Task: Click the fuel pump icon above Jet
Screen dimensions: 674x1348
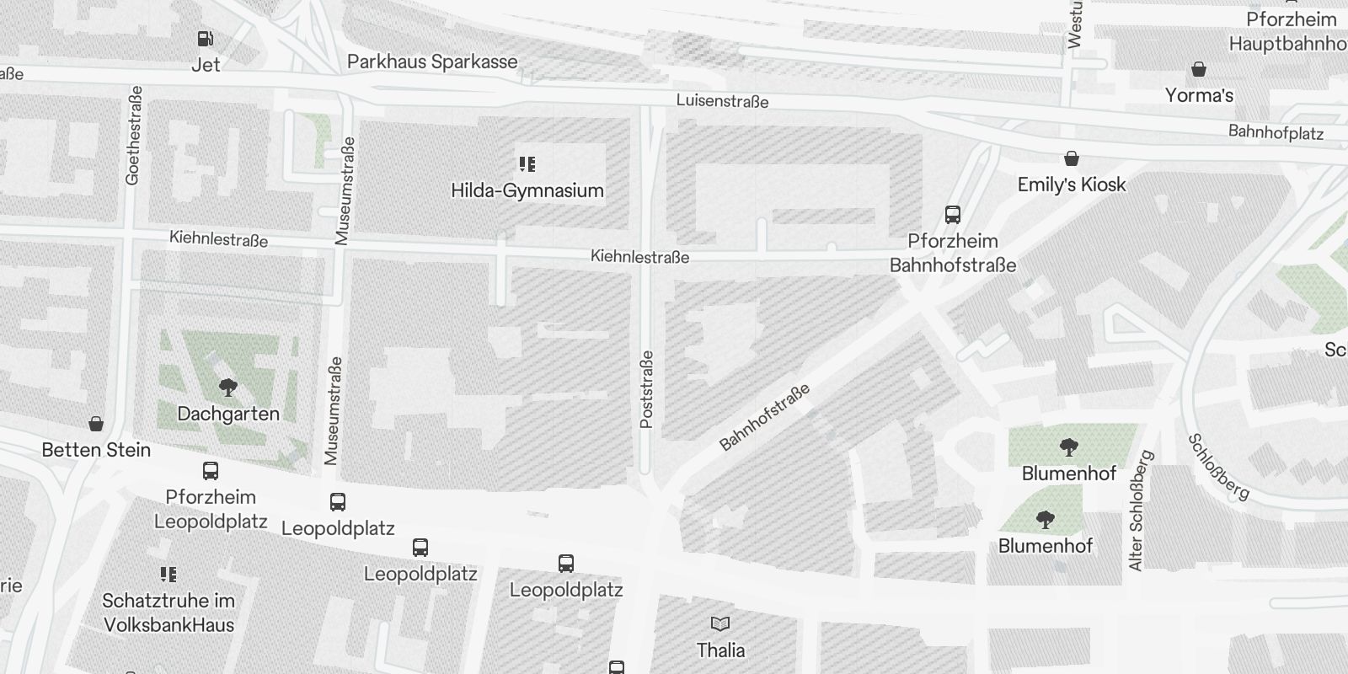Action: coord(205,39)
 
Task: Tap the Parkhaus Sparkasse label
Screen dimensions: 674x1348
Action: coord(432,62)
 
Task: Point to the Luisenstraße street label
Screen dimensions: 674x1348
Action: coord(722,101)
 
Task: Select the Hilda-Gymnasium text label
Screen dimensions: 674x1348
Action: coord(527,190)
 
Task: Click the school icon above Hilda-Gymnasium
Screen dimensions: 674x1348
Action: coord(527,164)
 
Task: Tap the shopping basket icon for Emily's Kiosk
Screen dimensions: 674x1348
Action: coord(1072,158)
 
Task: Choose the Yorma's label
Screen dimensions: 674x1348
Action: coord(1199,95)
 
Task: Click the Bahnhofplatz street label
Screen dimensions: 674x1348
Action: coord(1276,132)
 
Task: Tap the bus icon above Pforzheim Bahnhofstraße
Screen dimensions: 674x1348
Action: coord(953,215)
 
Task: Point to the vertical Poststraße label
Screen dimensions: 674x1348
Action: coord(647,389)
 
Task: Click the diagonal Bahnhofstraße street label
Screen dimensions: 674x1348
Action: coord(764,417)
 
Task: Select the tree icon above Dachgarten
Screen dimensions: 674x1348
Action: coord(227,388)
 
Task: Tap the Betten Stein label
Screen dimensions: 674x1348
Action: coord(96,450)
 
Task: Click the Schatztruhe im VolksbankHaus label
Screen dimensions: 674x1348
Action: coord(168,612)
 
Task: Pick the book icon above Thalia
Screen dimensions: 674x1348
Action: coord(720,623)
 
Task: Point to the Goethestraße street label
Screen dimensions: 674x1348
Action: coord(133,136)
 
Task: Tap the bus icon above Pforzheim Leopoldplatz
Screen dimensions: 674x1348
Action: coord(211,471)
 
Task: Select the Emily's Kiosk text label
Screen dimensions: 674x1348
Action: coord(1072,185)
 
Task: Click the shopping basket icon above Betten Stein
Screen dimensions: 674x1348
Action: coord(96,424)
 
